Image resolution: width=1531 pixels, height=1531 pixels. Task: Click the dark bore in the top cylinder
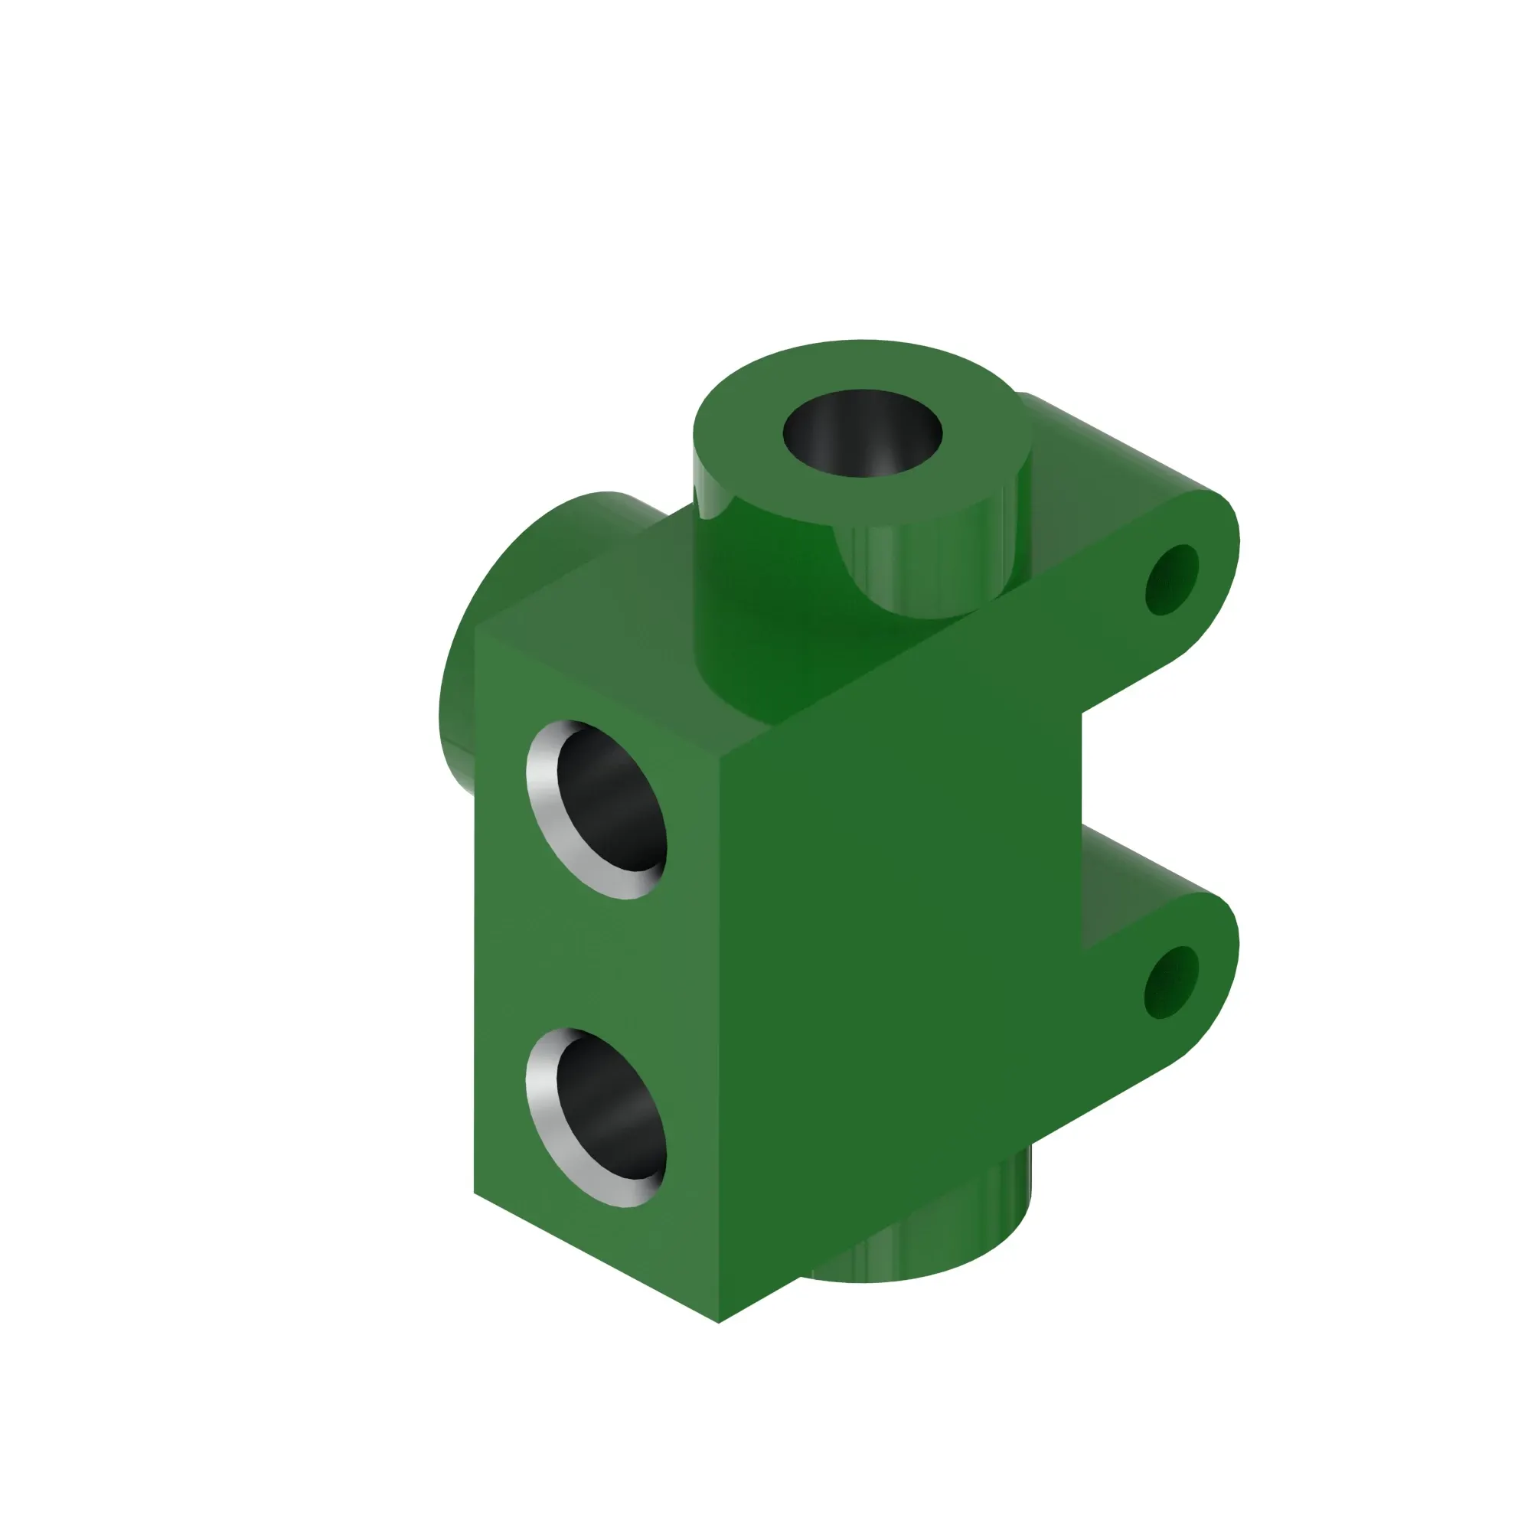862,433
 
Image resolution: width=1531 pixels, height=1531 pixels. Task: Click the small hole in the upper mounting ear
1171,580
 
